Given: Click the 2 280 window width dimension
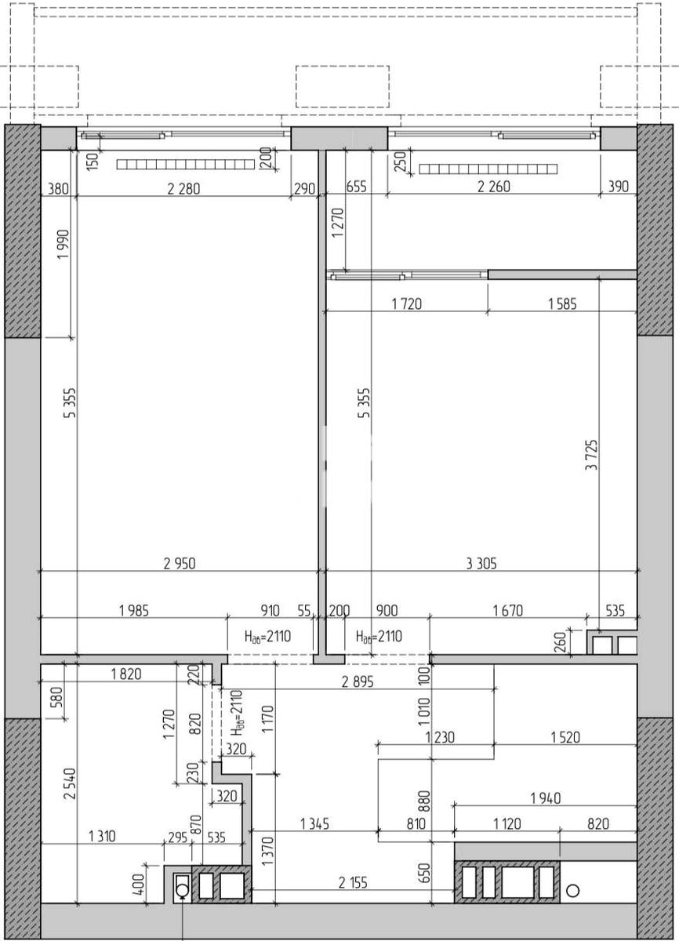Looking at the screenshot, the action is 183,189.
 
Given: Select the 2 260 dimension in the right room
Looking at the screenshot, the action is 494,187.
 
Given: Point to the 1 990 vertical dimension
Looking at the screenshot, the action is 64,245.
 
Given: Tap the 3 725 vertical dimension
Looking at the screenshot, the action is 592,455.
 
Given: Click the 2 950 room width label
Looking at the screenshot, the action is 180,563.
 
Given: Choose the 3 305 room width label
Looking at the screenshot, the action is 481,563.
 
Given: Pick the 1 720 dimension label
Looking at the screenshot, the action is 406,303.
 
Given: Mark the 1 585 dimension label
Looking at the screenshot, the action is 562,303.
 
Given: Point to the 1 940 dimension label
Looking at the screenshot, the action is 546,797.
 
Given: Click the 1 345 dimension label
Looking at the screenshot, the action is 314,824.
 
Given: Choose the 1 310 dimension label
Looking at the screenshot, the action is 102,837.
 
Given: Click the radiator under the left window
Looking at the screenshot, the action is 186,164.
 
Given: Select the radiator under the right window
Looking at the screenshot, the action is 488,169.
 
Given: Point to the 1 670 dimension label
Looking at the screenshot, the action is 507,610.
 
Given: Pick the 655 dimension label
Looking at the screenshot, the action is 357,187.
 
